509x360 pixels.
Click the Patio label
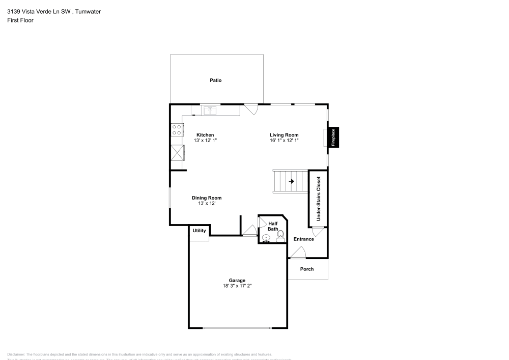(216, 80)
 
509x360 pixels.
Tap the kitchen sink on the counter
(210, 109)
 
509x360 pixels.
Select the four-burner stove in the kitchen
(177, 130)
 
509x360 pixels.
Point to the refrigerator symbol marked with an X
(178, 153)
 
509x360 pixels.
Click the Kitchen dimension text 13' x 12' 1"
(206, 140)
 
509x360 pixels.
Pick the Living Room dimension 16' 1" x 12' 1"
(284, 140)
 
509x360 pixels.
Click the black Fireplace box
(333, 137)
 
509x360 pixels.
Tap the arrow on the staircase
(292, 181)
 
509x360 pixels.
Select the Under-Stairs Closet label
(319, 199)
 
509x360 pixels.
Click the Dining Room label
(207, 198)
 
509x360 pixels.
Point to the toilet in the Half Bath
(280, 236)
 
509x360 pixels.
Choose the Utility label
(200, 231)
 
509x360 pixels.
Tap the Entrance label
(304, 239)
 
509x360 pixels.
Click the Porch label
(307, 269)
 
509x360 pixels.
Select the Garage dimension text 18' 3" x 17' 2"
(237, 286)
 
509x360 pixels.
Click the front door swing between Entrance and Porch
(298, 252)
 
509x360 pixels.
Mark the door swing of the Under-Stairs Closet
(317, 232)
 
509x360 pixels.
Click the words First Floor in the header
(20, 20)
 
